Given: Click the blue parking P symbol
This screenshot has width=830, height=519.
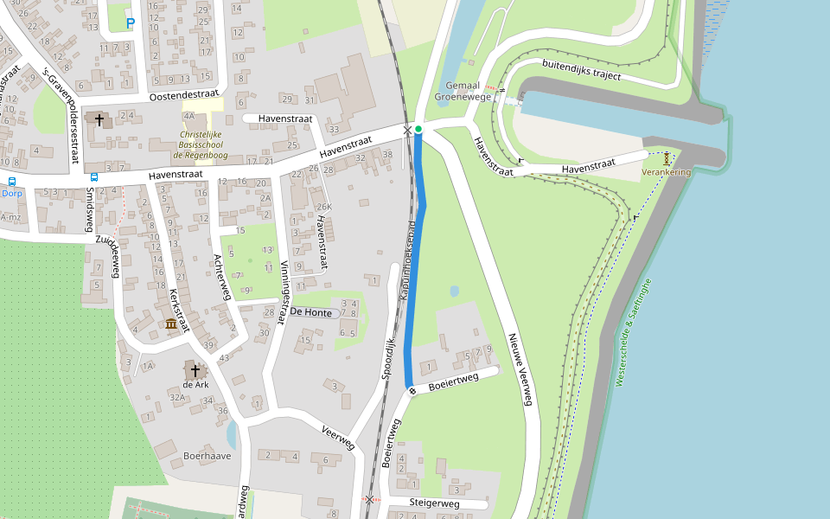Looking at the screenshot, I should pos(131,23).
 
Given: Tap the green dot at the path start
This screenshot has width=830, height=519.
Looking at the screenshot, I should pos(418,130).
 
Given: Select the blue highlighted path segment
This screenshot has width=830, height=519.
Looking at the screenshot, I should pos(416,259).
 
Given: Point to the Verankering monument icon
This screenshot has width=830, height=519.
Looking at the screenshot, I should pos(667,159).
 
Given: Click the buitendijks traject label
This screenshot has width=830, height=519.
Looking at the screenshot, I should pos(582,68).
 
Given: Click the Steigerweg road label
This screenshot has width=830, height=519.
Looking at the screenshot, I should pos(435,503).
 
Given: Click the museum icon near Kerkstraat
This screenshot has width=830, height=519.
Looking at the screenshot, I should pos(171,324).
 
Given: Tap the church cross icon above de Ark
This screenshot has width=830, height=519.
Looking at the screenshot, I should pos(195,370).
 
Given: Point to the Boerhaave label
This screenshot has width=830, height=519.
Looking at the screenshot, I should pos(207,455).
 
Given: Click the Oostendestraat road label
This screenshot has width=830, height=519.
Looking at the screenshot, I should pos(185,97).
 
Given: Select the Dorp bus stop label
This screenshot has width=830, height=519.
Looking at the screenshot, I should pos(12,194).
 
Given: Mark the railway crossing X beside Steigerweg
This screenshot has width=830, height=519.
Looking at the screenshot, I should pos(370,500).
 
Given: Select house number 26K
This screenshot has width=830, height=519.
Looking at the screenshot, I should pos(323,208).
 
